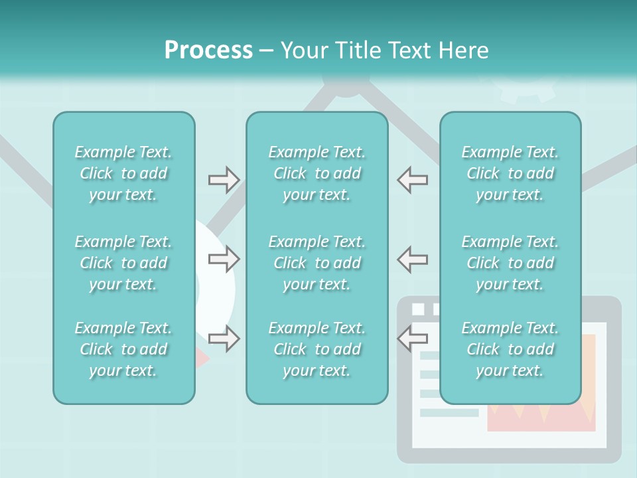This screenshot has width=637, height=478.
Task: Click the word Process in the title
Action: (x=208, y=50)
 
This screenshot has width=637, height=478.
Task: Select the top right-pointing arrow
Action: (x=224, y=179)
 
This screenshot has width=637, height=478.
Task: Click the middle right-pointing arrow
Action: (x=224, y=259)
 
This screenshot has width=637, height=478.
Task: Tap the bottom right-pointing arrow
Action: (x=224, y=339)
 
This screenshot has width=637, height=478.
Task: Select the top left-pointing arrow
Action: (x=412, y=179)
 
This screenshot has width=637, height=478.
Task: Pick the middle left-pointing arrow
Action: (x=412, y=259)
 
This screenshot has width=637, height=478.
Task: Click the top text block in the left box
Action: (x=123, y=173)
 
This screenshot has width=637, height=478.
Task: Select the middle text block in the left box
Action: (x=123, y=263)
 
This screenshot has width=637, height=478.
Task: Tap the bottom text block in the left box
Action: (x=123, y=349)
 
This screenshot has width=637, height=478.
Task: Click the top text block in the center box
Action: (x=317, y=173)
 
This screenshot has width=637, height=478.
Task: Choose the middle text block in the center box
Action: (x=317, y=263)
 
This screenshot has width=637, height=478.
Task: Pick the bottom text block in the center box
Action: (x=317, y=349)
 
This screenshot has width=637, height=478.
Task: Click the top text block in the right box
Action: (x=510, y=173)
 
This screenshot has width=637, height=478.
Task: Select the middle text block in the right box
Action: (x=510, y=263)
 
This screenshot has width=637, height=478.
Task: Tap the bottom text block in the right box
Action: (x=510, y=349)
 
